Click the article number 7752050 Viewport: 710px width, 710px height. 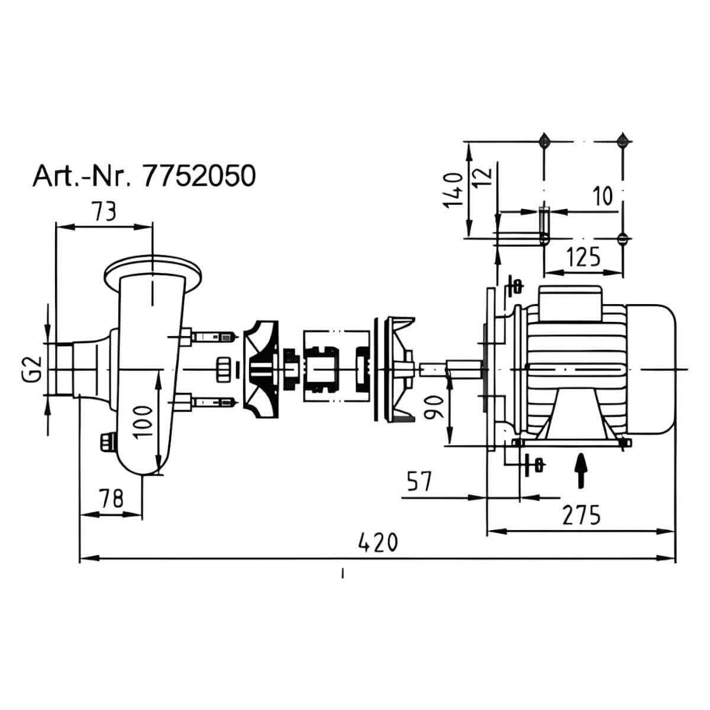199,176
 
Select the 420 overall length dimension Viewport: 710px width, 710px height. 379,543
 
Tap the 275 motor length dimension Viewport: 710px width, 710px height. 582,515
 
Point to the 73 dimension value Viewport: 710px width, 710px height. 104,211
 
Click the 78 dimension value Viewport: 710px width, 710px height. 111,499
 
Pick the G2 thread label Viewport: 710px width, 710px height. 34,369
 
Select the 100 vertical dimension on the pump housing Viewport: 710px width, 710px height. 143,422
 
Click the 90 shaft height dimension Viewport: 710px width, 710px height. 434,406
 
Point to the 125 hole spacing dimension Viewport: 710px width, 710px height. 583,257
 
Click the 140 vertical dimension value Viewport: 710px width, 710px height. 453,191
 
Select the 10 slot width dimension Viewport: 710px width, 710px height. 602,196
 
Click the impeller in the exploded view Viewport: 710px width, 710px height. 262,369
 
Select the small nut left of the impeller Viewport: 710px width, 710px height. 224,369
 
